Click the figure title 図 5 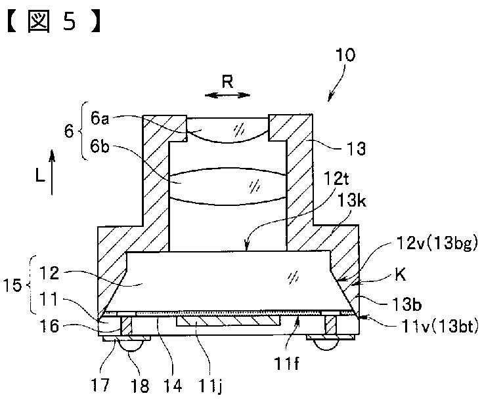(55, 22)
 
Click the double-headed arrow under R (227, 95)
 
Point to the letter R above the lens (227, 81)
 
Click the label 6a (100, 119)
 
